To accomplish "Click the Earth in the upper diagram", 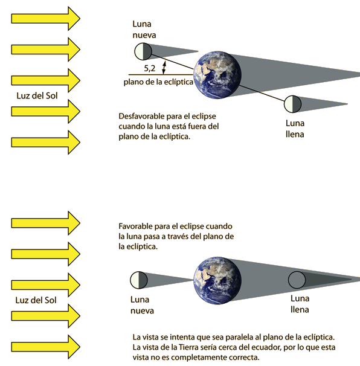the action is [217, 75].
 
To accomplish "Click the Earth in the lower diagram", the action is [217, 280].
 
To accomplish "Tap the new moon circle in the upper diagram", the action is [143, 51].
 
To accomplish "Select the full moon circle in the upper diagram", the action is [292, 104].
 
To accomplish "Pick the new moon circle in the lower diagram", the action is [139, 280].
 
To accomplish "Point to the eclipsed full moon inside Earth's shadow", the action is [297, 280].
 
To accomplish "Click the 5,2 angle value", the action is [149, 68].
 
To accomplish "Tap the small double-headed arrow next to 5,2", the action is [164, 68].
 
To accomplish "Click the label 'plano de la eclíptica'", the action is [158, 82].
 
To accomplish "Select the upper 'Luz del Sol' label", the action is [37, 95].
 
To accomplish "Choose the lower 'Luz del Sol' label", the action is [36, 300].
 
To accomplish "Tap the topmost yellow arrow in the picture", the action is [46, 19].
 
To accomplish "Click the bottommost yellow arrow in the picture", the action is [46, 347].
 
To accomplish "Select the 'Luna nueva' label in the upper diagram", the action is [144, 30].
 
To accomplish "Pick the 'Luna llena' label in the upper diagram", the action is [295, 129].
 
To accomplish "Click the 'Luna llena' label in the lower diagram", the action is [300, 304].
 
